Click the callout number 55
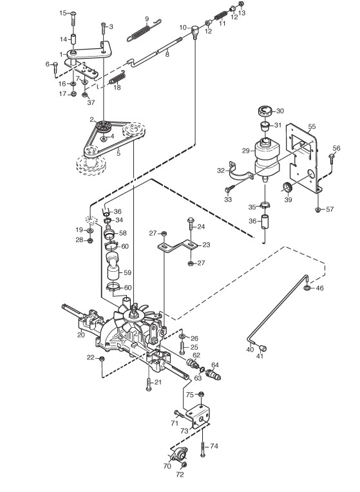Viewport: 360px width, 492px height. [312, 126]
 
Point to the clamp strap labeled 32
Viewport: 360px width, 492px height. [240, 172]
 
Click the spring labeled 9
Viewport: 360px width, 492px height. [144, 30]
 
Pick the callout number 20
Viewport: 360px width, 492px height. [81, 335]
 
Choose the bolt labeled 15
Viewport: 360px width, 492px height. [73, 19]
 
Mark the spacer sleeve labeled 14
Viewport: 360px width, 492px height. [73, 40]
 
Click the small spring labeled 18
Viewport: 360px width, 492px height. [117, 78]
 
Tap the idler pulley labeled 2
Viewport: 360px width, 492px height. [103, 126]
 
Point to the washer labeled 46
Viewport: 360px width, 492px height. [307, 288]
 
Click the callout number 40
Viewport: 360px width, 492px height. [250, 349]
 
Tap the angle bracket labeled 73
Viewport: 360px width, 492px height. [199, 415]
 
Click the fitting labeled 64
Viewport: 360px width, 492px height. [213, 374]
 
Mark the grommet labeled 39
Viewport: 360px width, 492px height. [288, 188]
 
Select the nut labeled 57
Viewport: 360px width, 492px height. [318, 209]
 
